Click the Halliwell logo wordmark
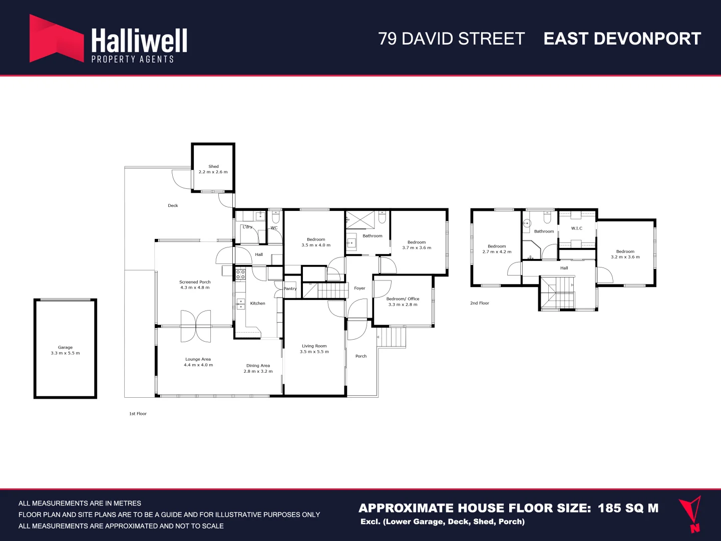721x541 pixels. [139, 41]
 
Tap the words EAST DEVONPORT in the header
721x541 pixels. [622, 39]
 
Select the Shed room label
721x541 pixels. [213, 166]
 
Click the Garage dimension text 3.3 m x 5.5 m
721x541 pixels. [65, 353]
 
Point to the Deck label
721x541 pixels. [173, 205]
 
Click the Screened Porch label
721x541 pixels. [195, 282]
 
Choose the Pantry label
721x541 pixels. [290, 289]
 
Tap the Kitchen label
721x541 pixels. [257, 303]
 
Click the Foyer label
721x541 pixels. [359, 288]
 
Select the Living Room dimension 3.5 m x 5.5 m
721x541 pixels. [314, 352]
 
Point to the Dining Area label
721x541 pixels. [258, 366]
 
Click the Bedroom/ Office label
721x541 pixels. [403, 299]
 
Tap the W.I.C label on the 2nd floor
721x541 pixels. [576, 228]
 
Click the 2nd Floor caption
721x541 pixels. [479, 303]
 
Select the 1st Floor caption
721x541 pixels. [138, 414]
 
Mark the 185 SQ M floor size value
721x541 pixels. [628, 508]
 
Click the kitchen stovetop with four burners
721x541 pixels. [240, 274]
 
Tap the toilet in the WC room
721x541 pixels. [275, 218]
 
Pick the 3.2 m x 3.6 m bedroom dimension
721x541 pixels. [625, 257]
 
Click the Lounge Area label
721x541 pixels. [198, 359]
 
